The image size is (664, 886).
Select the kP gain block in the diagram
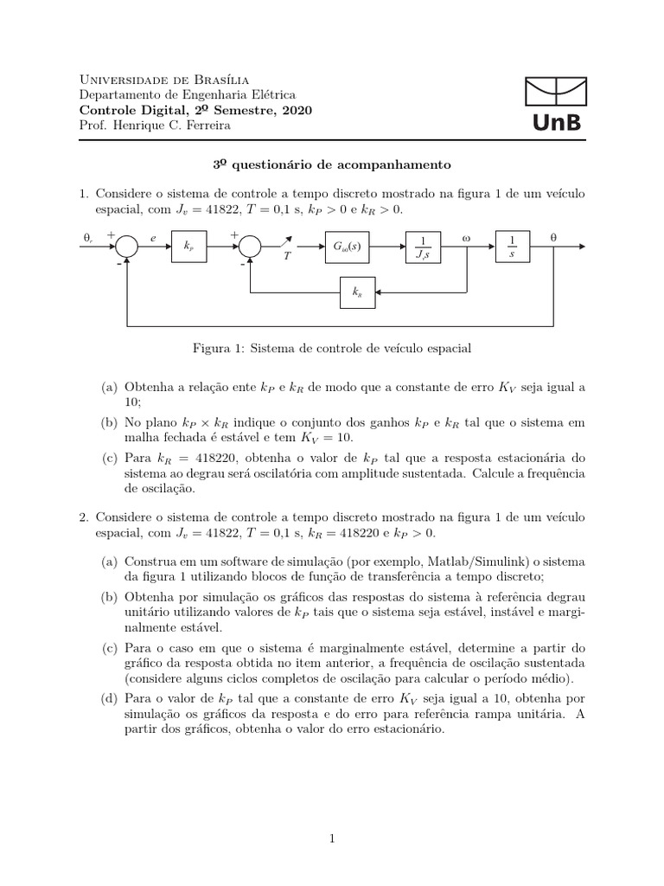pos(188,247)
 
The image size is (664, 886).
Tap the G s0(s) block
pos(347,247)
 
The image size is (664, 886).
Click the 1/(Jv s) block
pos(422,247)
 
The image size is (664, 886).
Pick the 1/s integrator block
pos(512,247)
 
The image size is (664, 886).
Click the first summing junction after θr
pos(127,247)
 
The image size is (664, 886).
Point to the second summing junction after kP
pos(250,247)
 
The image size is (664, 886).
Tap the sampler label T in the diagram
pos(285,267)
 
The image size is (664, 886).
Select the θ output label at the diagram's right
pos(553,234)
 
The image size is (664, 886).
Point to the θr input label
pos(88,235)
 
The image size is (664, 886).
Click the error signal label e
pos(152,235)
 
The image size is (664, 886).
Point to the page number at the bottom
pos(332,838)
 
